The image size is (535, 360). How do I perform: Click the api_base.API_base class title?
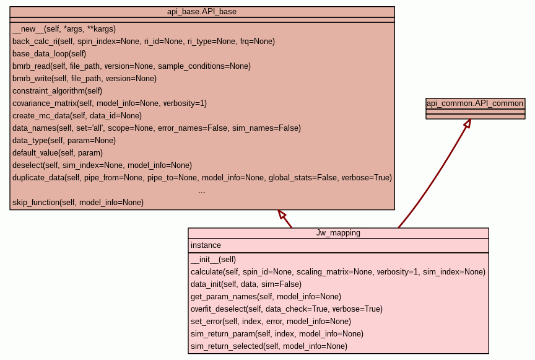(x=202, y=12)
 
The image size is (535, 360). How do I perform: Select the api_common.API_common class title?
(x=475, y=103)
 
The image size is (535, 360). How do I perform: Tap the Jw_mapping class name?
(x=338, y=234)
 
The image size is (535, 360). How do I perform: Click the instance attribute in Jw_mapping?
(x=206, y=245)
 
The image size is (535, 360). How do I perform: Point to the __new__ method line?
(x=64, y=29)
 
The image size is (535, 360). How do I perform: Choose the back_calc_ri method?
(x=143, y=42)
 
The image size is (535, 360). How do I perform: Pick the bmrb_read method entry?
(x=131, y=66)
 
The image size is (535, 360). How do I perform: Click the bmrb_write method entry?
(x=84, y=79)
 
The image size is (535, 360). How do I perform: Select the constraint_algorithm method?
(x=57, y=91)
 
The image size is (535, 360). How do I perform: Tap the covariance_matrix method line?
(x=109, y=103)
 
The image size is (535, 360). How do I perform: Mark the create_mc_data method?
(x=77, y=116)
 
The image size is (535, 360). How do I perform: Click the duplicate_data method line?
(x=202, y=178)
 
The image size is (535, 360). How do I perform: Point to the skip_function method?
(x=77, y=203)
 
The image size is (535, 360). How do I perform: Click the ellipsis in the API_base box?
(x=202, y=191)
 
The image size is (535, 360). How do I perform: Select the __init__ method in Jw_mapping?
(x=213, y=260)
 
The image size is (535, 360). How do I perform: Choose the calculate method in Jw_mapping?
(x=337, y=272)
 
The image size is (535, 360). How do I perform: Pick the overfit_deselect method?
(x=286, y=309)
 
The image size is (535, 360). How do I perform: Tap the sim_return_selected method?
(x=269, y=346)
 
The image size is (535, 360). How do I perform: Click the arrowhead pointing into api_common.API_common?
(x=468, y=123)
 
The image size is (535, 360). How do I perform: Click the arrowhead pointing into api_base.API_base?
(x=282, y=214)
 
